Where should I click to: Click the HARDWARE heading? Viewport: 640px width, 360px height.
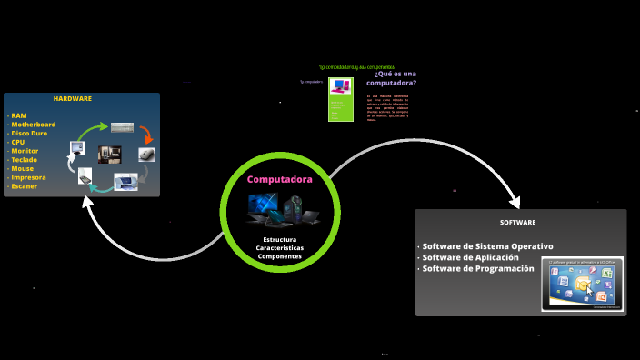tap(73, 98)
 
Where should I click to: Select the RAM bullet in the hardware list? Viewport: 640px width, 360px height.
tap(19, 116)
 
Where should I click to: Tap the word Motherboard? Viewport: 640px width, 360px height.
tap(34, 125)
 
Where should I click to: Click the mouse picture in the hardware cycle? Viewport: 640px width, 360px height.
tap(147, 155)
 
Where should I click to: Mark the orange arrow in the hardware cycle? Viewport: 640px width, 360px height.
tap(145, 134)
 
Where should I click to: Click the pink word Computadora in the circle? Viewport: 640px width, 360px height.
tap(280, 180)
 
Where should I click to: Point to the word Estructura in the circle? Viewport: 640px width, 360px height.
tap(279, 239)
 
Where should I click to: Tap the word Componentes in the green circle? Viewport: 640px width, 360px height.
tap(280, 256)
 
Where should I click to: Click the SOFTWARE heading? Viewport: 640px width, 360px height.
tap(517, 222)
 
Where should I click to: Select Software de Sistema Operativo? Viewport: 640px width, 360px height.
tap(487, 246)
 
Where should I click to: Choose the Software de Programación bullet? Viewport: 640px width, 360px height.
tap(477, 269)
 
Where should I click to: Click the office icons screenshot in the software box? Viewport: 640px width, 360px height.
tap(582, 284)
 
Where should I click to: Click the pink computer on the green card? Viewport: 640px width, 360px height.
tap(341, 88)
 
